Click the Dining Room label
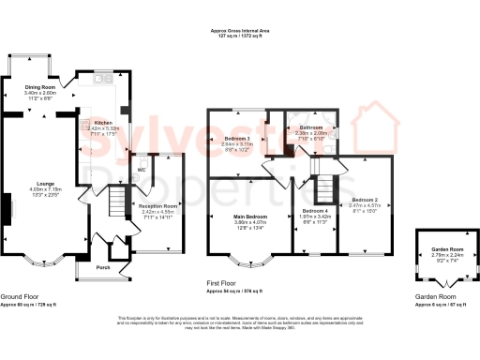click(40, 87)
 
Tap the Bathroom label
click(310, 127)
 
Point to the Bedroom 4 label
click(314, 210)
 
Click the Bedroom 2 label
click(365, 200)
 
